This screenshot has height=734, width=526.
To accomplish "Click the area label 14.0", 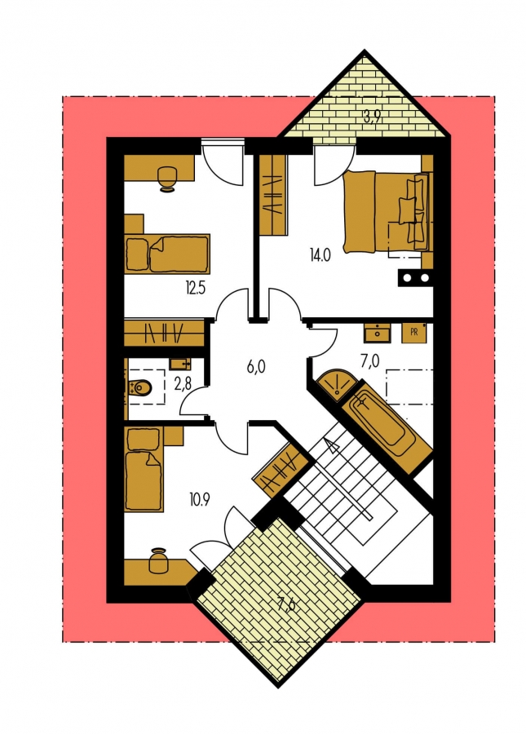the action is [320, 255].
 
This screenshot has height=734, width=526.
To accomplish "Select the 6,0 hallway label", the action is [256, 366].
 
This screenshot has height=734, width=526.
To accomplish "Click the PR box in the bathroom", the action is [413, 333].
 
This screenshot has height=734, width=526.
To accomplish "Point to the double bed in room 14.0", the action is [387, 212].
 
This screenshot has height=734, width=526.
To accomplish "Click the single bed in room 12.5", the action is [167, 254].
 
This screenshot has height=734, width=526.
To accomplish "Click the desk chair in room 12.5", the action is [167, 179].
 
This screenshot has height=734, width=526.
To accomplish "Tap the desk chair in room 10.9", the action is [158, 560].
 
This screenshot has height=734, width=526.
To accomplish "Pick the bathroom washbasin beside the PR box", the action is [376, 333].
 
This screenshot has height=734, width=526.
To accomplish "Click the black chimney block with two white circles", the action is [414, 277].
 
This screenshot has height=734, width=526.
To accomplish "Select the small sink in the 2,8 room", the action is [180, 364].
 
